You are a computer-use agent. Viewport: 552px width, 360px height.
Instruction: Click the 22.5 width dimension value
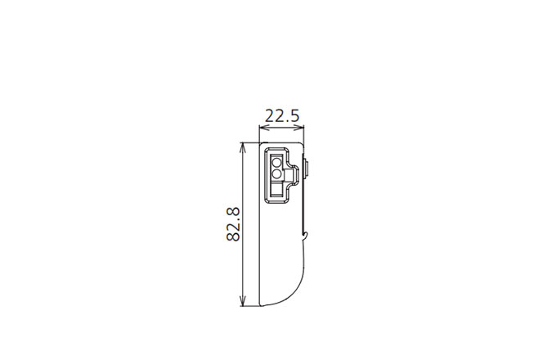(282, 115)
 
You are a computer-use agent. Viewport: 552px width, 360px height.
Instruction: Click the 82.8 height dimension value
(233, 224)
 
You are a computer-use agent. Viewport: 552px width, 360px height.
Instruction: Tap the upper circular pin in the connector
(276, 162)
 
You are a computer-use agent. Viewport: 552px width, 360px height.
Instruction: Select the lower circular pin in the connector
(276, 173)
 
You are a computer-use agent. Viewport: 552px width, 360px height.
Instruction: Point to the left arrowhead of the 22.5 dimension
(263, 128)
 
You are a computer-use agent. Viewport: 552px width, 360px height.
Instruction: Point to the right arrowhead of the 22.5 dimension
(300, 128)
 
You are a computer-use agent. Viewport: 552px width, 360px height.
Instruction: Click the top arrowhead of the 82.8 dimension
(242, 146)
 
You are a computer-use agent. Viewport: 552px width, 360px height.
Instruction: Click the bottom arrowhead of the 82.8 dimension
(242, 302)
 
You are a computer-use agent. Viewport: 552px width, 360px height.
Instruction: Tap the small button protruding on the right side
(306, 169)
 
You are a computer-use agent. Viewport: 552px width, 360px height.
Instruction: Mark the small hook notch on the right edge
(307, 235)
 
